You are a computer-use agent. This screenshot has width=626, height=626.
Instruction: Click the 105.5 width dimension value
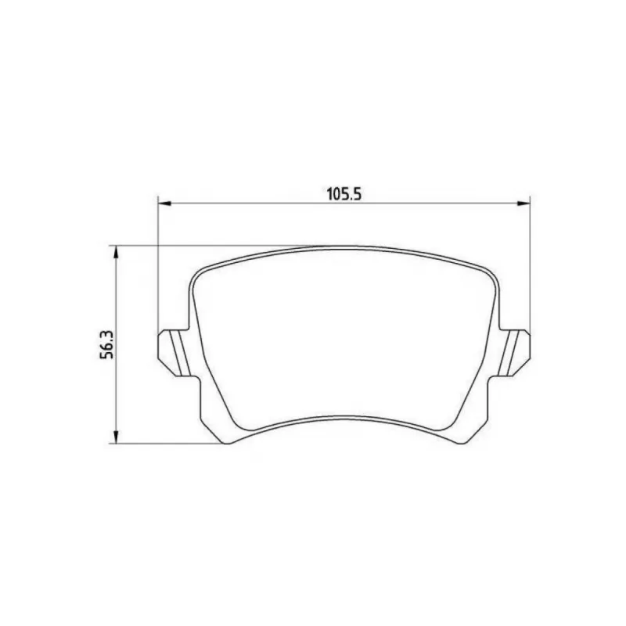344,194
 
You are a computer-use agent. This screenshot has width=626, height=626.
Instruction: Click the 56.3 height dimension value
106,344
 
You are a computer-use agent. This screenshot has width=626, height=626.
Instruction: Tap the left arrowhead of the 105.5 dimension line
165,203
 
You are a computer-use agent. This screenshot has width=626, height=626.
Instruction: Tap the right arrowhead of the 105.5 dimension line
523,203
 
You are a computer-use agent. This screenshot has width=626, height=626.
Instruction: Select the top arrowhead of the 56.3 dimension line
116,252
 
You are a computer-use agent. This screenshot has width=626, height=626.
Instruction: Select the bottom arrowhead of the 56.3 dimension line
116,437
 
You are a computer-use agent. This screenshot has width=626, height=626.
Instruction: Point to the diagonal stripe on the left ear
180,353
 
